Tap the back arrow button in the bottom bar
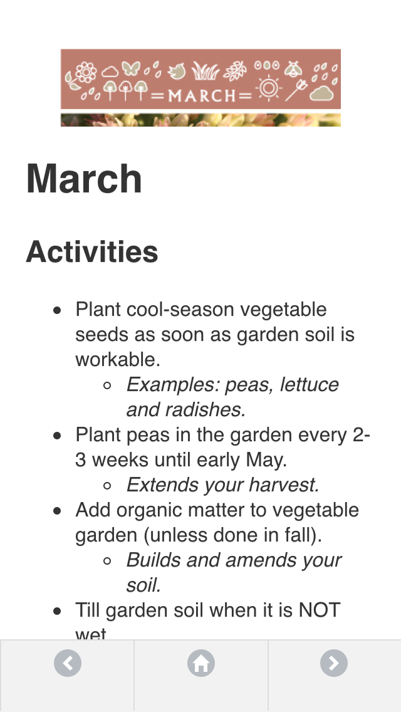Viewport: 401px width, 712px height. pos(68,663)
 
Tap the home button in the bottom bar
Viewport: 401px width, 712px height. pos(201,663)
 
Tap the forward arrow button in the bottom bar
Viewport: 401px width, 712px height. pos(334,663)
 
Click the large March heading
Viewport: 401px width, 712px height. pos(84,179)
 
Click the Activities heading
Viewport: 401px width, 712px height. pos(92,251)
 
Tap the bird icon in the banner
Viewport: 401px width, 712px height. pos(177,71)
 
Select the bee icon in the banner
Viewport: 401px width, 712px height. pos(294,68)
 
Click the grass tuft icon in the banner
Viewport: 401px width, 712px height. pos(204,71)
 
